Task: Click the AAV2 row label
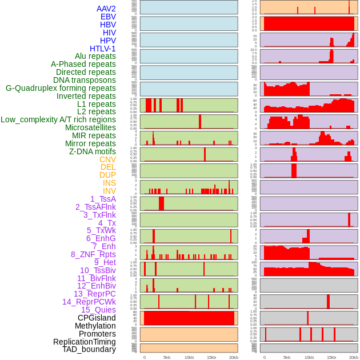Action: [106, 9]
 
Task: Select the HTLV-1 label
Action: [103, 49]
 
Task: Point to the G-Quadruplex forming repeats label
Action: [61, 88]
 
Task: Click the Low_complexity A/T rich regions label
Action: [58, 119]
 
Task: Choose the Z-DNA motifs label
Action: [93, 151]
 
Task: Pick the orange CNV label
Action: [107, 159]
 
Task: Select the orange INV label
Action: [109, 191]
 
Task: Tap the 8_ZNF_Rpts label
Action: [93, 254]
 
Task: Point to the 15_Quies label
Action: [98, 310]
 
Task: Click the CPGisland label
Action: [97, 318]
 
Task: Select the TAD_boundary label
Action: [89, 349]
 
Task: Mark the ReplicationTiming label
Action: [84, 342]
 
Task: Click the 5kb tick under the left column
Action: [167, 357]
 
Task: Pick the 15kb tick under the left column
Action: [211, 357]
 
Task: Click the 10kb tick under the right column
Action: [309, 357]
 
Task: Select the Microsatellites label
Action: [90, 127]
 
